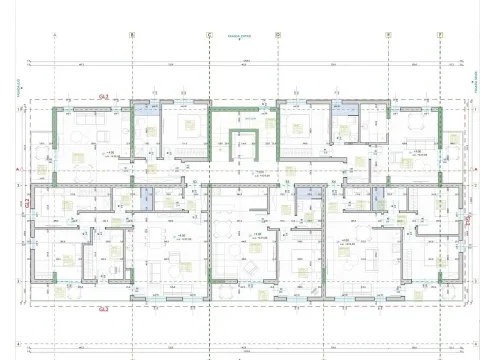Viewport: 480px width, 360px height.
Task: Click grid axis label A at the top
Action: (54, 34)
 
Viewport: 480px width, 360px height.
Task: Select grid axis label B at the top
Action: (131, 34)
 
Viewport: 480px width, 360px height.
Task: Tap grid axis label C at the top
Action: (209, 34)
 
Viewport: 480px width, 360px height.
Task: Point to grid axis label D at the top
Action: (278, 34)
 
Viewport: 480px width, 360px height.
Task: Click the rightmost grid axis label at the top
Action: (439, 34)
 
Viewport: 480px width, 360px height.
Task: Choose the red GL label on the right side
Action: (466, 218)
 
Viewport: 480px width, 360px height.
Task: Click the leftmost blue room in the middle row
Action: (147, 198)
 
